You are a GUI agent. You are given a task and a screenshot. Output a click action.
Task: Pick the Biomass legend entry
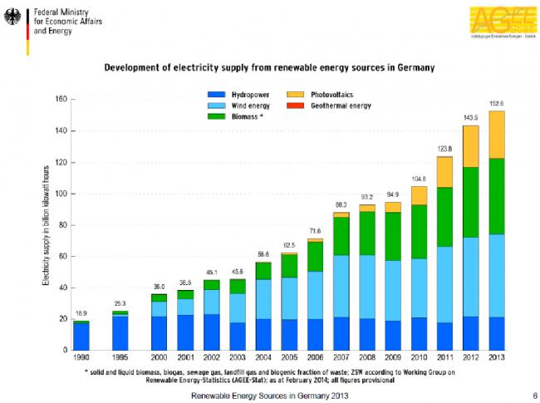coord(244,117)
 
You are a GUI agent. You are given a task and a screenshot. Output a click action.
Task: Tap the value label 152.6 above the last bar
coord(496,103)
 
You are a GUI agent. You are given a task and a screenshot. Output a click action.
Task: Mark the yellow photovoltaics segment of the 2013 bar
coord(496,135)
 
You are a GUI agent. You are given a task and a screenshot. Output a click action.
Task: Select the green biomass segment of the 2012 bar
coord(471,202)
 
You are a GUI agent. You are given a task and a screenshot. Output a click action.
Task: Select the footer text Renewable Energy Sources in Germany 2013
coord(270,394)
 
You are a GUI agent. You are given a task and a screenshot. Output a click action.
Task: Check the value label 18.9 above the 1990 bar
coord(81,313)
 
